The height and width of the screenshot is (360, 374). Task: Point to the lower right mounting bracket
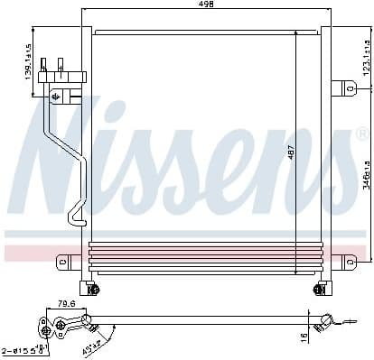coord(347,261)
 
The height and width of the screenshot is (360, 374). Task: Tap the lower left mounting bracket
coord(65,262)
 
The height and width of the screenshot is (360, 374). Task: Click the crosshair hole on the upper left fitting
coord(57,95)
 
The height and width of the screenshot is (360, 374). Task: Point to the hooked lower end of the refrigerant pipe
coord(72,217)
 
